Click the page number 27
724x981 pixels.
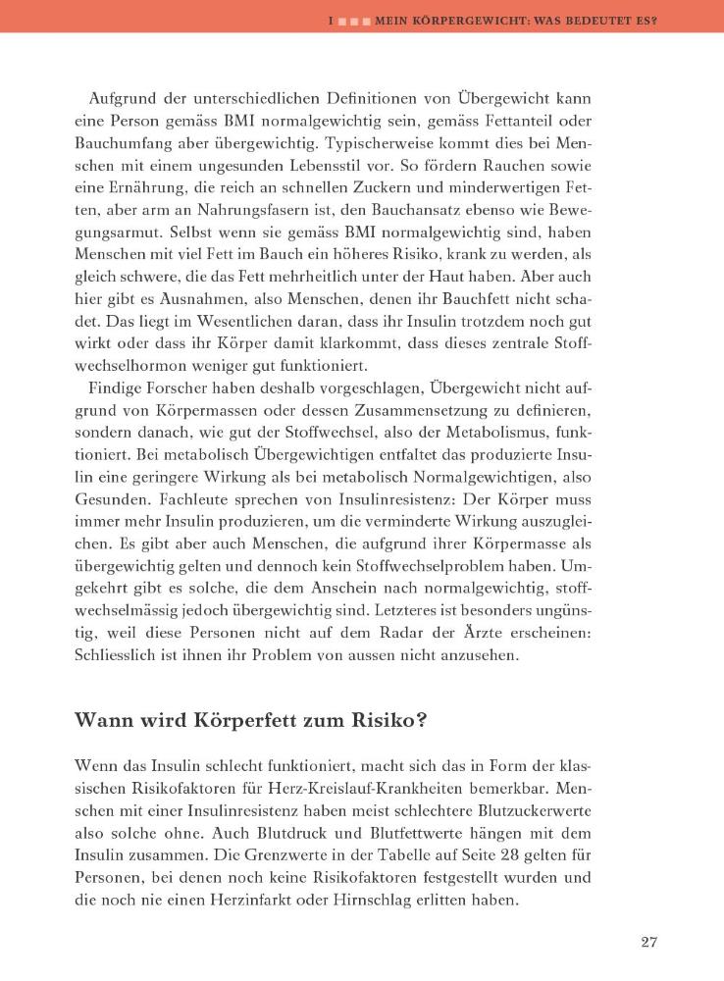(648, 942)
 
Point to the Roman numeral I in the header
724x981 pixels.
(333, 17)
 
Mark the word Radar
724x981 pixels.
(428, 634)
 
